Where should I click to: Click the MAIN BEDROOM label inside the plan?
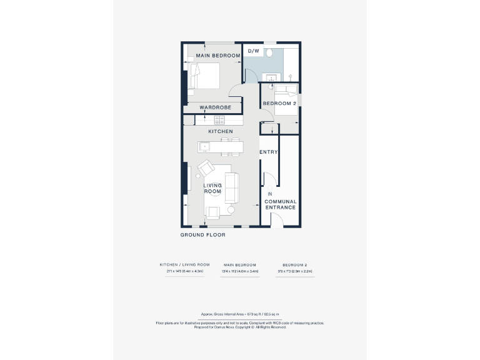click(x=218, y=56)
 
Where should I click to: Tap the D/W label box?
click(x=253, y=51)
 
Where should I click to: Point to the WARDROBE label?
click(x=215, y=107)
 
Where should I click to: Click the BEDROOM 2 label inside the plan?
click(x=279, y=103)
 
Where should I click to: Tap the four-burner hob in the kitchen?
click(x=219, y=119)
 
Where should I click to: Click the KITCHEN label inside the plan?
click(x=220, y=131)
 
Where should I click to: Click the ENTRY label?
click(x=268, y=152)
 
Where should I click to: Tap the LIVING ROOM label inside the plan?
click(x=212, y=188)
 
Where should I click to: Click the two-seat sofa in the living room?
click(x=231, y=187)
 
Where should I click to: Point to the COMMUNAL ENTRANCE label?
click(x=280, y=204)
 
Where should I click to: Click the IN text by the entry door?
click(x=269, y=194)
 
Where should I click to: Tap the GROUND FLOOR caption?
click(x=202, y=235)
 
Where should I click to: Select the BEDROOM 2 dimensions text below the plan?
click(x=294, y=271)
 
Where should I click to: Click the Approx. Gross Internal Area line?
click(x=240, y=314)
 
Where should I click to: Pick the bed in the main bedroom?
click(x=205, y=78)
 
